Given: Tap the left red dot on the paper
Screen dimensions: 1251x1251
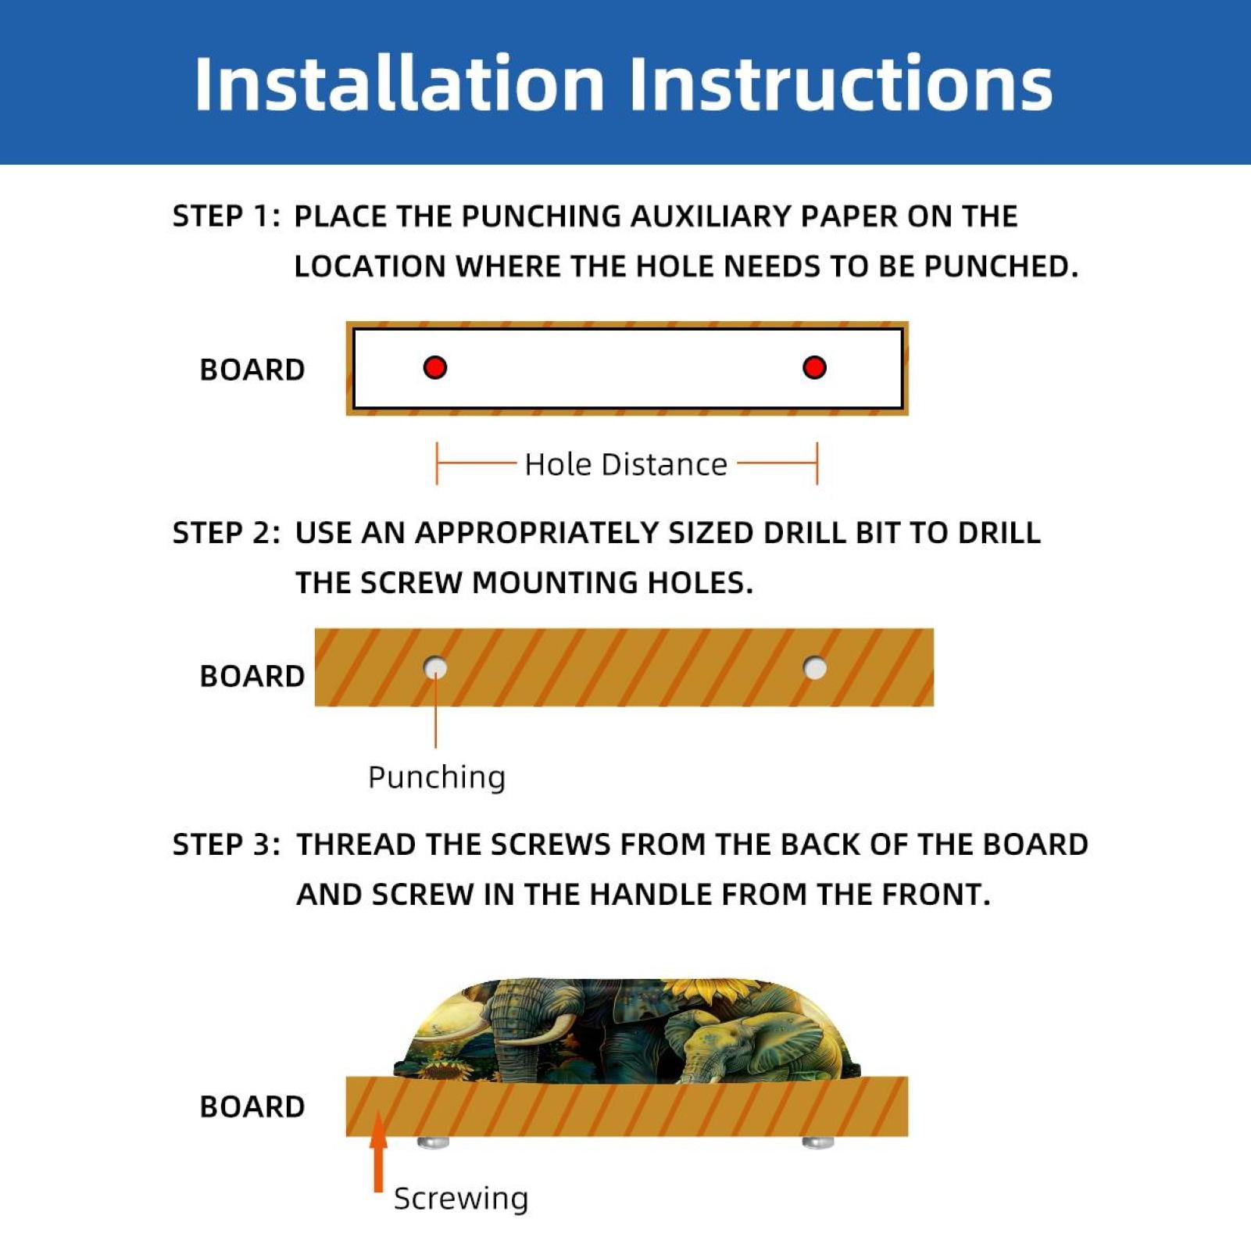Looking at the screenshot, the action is pos(435,367).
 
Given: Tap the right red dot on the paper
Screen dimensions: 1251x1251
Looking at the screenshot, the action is pos(814,367).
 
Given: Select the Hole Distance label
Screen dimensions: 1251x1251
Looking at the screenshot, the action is pos(626,464).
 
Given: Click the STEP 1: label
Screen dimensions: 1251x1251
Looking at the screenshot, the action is pos(226,216).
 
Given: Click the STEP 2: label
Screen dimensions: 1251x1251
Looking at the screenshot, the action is pos(226,533).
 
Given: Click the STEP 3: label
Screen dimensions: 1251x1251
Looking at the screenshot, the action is pos(226,845).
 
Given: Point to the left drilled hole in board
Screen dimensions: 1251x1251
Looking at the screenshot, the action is pos(435,668).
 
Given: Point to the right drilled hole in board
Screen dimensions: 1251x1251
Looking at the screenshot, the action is pos(815,668).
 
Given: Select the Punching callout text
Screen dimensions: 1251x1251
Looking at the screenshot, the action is pos(437,777).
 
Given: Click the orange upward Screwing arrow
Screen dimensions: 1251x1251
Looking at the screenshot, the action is pos(379,1152).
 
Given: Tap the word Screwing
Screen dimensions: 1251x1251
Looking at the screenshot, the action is pos(461,1198).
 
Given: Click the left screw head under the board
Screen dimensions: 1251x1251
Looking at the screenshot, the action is pos(434,1142).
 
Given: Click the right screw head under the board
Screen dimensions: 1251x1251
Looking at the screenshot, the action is pos(818,1142).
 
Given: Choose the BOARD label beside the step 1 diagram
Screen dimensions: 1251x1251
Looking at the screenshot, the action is pos(252,370).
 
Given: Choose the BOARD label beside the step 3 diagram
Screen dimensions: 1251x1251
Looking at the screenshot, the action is pos(252,1106).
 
